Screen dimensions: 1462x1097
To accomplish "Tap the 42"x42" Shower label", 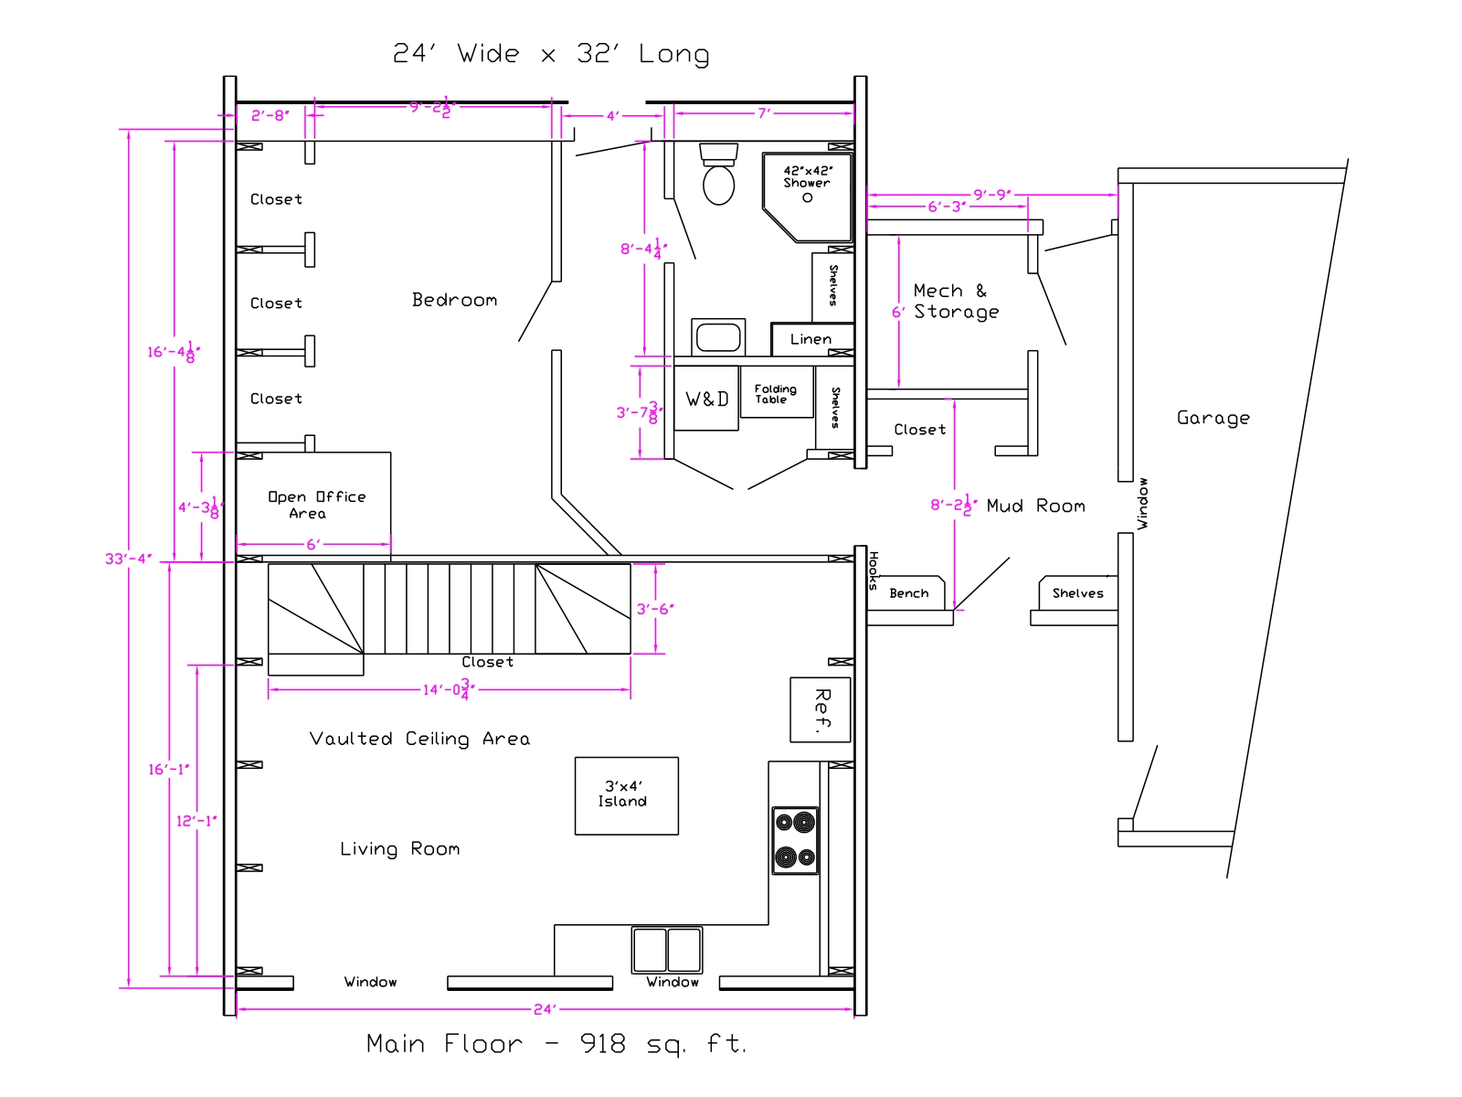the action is coord(807,176).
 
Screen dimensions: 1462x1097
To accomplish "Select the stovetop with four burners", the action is coord(795,840).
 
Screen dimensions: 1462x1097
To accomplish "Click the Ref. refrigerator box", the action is coord(820,709).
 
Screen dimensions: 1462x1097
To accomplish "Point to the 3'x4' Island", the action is coord(626,795).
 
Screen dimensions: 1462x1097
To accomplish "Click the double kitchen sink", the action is coord(667,949).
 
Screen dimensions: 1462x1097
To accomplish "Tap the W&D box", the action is coord(706,399).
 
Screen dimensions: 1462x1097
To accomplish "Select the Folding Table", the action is coord(777,393).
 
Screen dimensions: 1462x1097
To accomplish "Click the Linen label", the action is coord(810,339).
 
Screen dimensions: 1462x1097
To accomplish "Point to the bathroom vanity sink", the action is coord(718,336).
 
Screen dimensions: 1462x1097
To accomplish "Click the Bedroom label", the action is coord(454,300).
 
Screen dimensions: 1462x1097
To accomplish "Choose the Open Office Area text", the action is coord(317,505).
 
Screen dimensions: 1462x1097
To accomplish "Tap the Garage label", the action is coord(1213,419).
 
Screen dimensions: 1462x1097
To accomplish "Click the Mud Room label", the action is coord(1035,506).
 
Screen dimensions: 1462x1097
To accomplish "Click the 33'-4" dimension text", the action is coord(129,559).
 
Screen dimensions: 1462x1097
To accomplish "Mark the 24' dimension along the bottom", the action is coord(545,1009).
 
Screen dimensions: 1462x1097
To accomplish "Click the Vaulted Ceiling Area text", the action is coord(419,739).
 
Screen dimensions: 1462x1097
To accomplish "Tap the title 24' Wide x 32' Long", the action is coord(551,53).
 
